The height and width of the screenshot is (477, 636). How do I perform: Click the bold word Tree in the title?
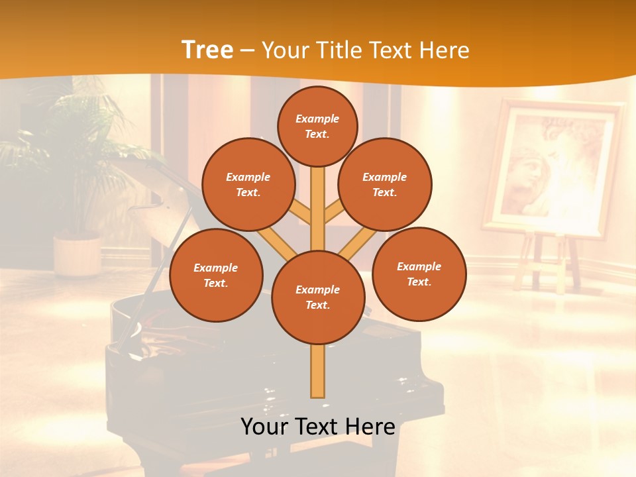(x=207, y=50)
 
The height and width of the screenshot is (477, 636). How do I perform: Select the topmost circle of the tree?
(x=317, y=126)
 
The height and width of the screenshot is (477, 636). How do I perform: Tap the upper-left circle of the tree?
(x=248, y=184)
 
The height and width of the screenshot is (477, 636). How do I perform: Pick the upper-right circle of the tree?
(x=384, y=184)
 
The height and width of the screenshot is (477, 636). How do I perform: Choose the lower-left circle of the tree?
(x=216, y=275)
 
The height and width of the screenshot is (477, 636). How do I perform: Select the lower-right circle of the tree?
(x=419, y=274)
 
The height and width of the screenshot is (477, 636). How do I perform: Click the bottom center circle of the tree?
(x=317, y=297)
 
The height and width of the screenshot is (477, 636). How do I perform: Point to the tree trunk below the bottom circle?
(x=317, y=371)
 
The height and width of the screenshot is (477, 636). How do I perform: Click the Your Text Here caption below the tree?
(x=317, y=427)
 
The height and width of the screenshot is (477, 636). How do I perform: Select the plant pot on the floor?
(x=77, y=255)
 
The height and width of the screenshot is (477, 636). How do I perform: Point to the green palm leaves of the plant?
(x=79, y=132)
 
